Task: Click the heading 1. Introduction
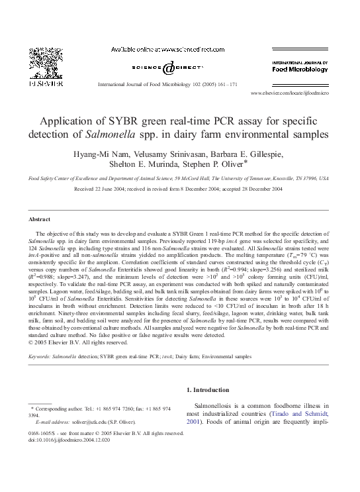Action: click(x=208, y=390)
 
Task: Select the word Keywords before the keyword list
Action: click(x=40, y=356)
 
